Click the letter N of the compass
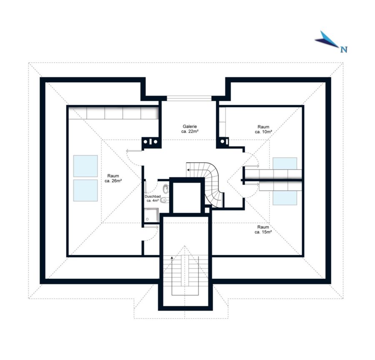pyautogui.click(x=344, y=49)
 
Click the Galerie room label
pyautogui.click(x=190, y=126)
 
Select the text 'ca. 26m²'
pyautogui.click(x=113, y=181)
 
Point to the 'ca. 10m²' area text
pyautogui.click(x=263, y=132)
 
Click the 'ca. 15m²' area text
pyautogui.click(x=263, y=232)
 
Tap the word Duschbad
pyautogui.click(x=152, y=196)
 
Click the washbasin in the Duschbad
pyautogui.click(x=165, y=189)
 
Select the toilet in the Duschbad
pyautogui.click(x=165, y=200)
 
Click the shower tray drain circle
pyautogui.click(x=147, y=219)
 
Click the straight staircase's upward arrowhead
pyautogui.click(x=172, y=257)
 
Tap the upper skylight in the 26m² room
pyautogui.click(x=85, y=166)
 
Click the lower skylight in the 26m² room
pyautogui.click(x=85, y=191)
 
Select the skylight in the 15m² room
pyautogui.click(x=285, y=198)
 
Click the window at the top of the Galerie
pyautogui.click(x=189, y=98)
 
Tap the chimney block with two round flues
pyautogui.click(x=150, y=142)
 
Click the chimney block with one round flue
pyautogui.click(x=223, y=142)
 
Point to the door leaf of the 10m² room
pyautogui.click(x=251, y=165)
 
